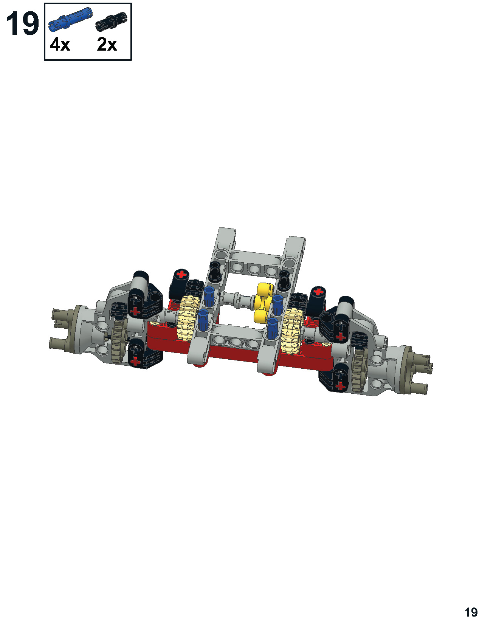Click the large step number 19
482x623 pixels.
(x=22, y=24)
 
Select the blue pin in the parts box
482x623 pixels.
(x=71, y=19)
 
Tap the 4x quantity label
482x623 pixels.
(x=60, y=45)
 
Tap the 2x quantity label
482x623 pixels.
(x=107, y=45)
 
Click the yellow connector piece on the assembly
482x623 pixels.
(x=263, y=302)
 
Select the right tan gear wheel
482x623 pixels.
(x=292, y=331)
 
